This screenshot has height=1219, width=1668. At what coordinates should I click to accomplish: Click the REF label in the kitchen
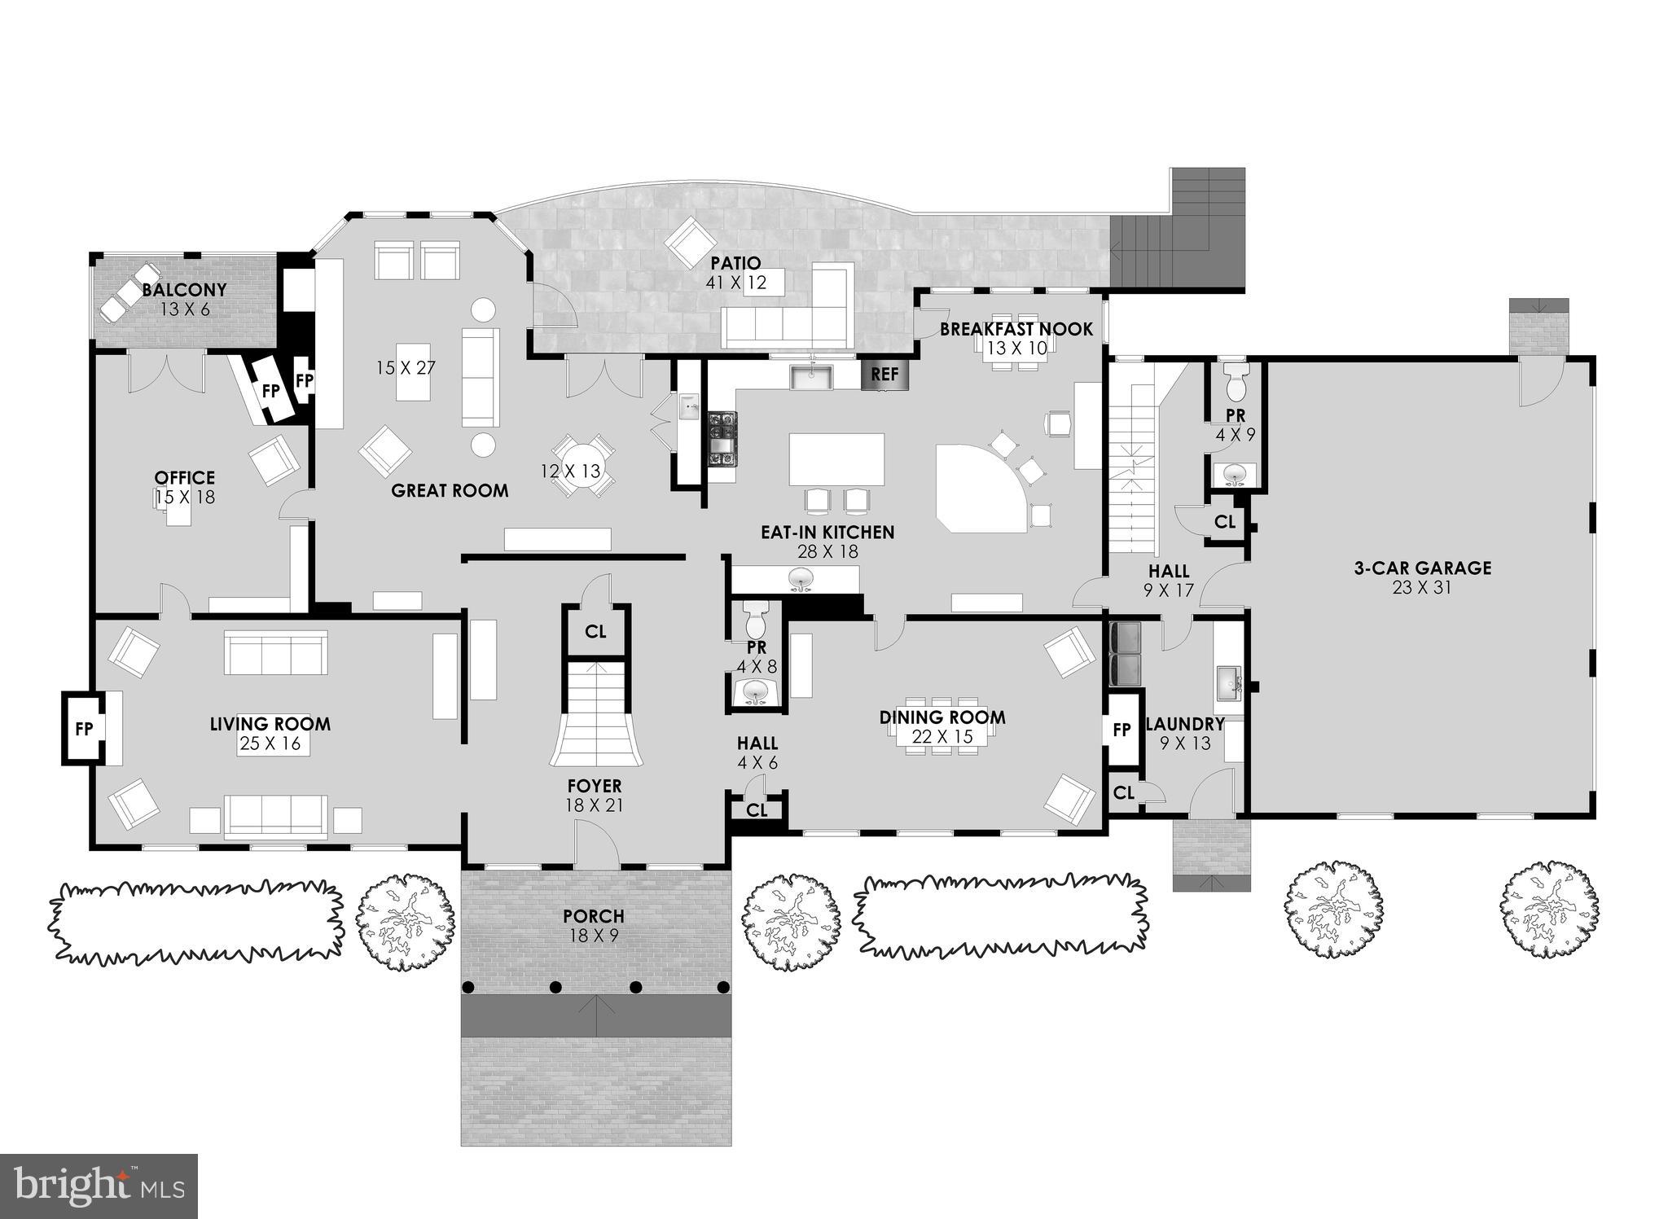click(884, 374)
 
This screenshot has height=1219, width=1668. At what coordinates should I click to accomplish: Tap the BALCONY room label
click(185, 290)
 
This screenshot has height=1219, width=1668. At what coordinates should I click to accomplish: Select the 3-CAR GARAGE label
click(1423, 568)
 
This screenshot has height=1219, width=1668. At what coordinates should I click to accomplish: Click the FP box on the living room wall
click(84, 729)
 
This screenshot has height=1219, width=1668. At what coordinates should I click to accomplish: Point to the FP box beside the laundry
click(1122, 730)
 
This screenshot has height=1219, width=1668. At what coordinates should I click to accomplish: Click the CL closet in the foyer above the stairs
click(596, 631)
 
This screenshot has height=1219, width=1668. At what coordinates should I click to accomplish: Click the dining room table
click(942, 726)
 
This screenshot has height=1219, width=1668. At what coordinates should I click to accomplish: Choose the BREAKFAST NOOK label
click(1016, 329)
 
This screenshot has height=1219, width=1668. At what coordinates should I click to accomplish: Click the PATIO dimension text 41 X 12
click(736, 282)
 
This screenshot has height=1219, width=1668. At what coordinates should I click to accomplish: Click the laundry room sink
click(1229, 683)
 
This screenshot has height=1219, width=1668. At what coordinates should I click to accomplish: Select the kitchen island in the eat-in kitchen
click(836, 460)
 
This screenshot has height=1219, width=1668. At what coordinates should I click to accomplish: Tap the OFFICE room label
click(185, 478)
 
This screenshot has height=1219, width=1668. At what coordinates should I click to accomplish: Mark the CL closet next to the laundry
click(1124, 792)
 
